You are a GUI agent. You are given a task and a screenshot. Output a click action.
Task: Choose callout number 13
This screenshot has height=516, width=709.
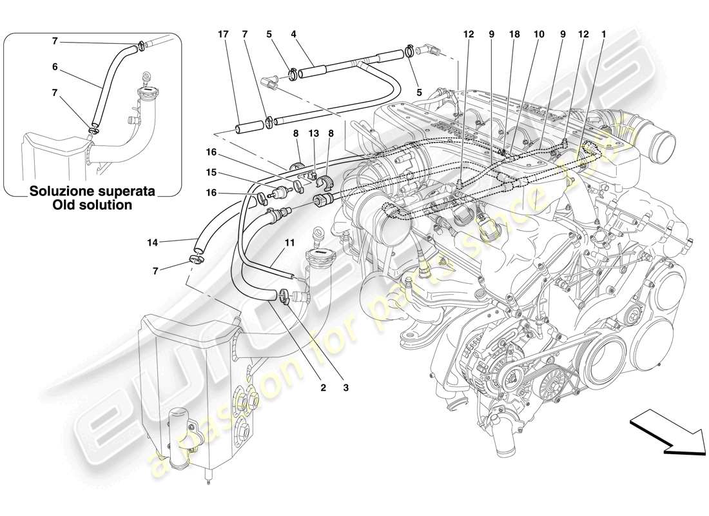(x=314, y=133)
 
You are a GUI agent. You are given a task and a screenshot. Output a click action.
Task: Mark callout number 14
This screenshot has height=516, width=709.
(x=152, y=243)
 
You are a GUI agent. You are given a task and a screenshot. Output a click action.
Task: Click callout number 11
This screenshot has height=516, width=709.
(x=290, y=243)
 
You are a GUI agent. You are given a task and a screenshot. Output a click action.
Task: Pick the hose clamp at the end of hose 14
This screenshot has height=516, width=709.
(x=196, y=260)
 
